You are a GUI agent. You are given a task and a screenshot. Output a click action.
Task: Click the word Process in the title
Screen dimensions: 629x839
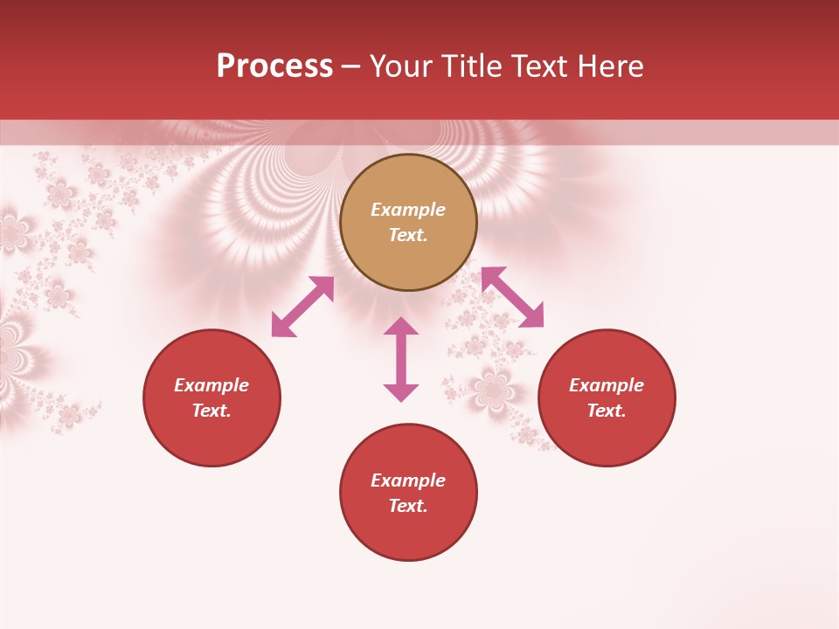coord(274,66)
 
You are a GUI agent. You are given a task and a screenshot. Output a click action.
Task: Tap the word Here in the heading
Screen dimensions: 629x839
coord(611,66)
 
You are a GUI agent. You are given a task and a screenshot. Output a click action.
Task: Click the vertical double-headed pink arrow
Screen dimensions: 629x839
coord(401,359)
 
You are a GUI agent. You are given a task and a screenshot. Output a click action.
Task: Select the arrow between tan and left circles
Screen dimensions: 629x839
coord(302,307)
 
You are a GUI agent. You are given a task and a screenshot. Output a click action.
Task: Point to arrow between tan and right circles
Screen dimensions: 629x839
coord(512,297)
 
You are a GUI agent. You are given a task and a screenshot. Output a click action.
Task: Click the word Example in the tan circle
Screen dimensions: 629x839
coord(408,210)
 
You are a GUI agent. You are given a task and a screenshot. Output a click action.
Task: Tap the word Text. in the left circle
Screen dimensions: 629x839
coord(211,411)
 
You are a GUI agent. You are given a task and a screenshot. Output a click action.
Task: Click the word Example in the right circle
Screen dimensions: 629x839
coord(607,385)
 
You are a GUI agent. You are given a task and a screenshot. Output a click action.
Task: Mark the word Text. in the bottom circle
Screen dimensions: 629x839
coord(408,506)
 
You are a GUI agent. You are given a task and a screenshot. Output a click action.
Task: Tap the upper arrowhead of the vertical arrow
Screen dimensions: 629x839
coord(401,326)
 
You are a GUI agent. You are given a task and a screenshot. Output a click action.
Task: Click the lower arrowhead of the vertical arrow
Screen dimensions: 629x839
coord(401,392)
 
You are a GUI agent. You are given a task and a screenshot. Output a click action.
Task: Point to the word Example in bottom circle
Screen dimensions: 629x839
coord(408,480)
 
